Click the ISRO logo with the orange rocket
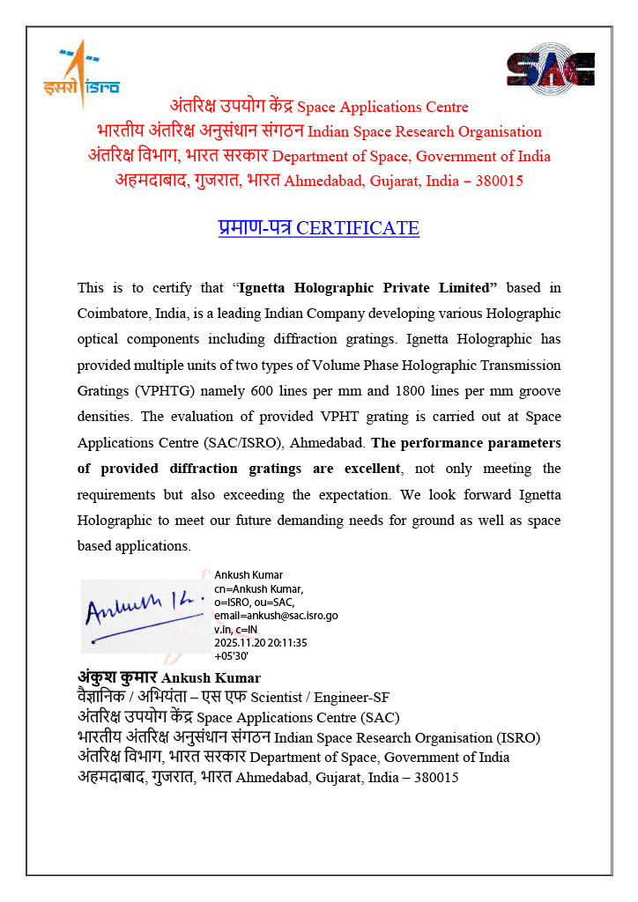coord(80,72)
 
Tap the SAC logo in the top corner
coord(550,70)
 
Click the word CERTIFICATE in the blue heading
coord(358,228)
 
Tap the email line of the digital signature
coord(276,616)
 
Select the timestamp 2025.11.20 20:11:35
coord(260,642)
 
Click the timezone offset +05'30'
coord(233,656)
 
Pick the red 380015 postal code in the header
coord(499,181)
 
